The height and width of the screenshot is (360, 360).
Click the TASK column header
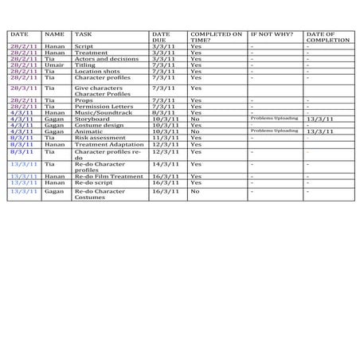pyautogui.click(x=83, y=35)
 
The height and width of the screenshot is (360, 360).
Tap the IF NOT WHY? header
pyautogui.click(x=271, y=35)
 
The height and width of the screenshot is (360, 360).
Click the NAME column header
pyautogui.click(x=54, y=35)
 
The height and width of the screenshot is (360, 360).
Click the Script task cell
pyautogui.click(x=84, y=46)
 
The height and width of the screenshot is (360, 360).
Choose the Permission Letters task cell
pyautogui.click(x=100, y=106)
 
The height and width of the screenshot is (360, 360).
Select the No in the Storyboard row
pyautogui.click(x=195, y=119)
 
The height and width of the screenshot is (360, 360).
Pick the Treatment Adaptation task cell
pyautogui.click(x=104, y=143)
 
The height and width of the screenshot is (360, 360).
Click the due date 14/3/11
pyautogui.click(x=165, y=163)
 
